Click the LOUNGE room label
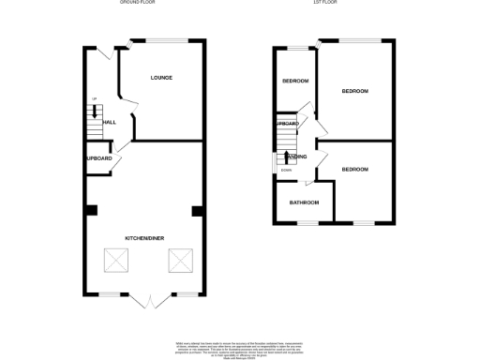[160, 77]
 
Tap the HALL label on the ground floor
[109, 122]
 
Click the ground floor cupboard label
[98, 158]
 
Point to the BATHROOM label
[304, 202]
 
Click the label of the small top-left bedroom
[295, 81]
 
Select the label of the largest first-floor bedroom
[354, 91]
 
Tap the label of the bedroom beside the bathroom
[354, 169]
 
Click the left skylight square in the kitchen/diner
[115, 261]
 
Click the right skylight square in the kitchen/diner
[179, 261]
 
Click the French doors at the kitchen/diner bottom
[147, 300]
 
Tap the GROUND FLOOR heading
[137, 4]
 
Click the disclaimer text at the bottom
[240, 348]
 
